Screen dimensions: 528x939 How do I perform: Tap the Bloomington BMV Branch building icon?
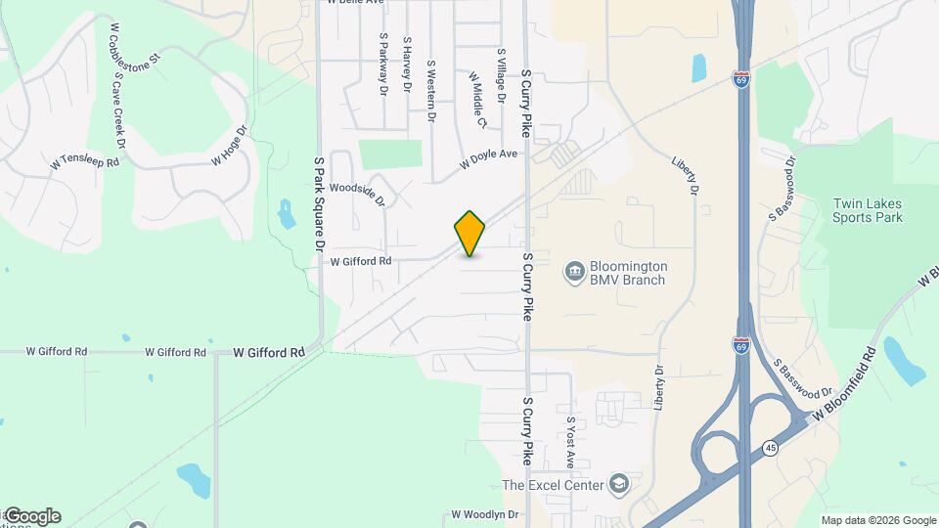574,268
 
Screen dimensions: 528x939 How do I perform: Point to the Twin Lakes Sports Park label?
867,210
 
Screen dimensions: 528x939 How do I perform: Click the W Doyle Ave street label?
489,160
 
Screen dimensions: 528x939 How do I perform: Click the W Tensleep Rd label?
85,161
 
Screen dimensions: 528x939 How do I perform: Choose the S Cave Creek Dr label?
119,109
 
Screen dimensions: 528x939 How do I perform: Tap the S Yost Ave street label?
571,441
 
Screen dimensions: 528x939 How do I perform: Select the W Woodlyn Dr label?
483,514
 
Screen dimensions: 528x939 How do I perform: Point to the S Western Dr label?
430,91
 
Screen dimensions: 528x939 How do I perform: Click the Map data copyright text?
876,520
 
